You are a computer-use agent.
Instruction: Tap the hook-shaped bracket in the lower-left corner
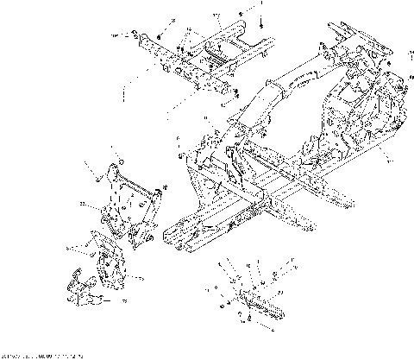(81, 288)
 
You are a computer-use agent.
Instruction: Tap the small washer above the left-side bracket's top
(120, 161)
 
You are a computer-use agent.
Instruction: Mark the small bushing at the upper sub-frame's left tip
(135, 34)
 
